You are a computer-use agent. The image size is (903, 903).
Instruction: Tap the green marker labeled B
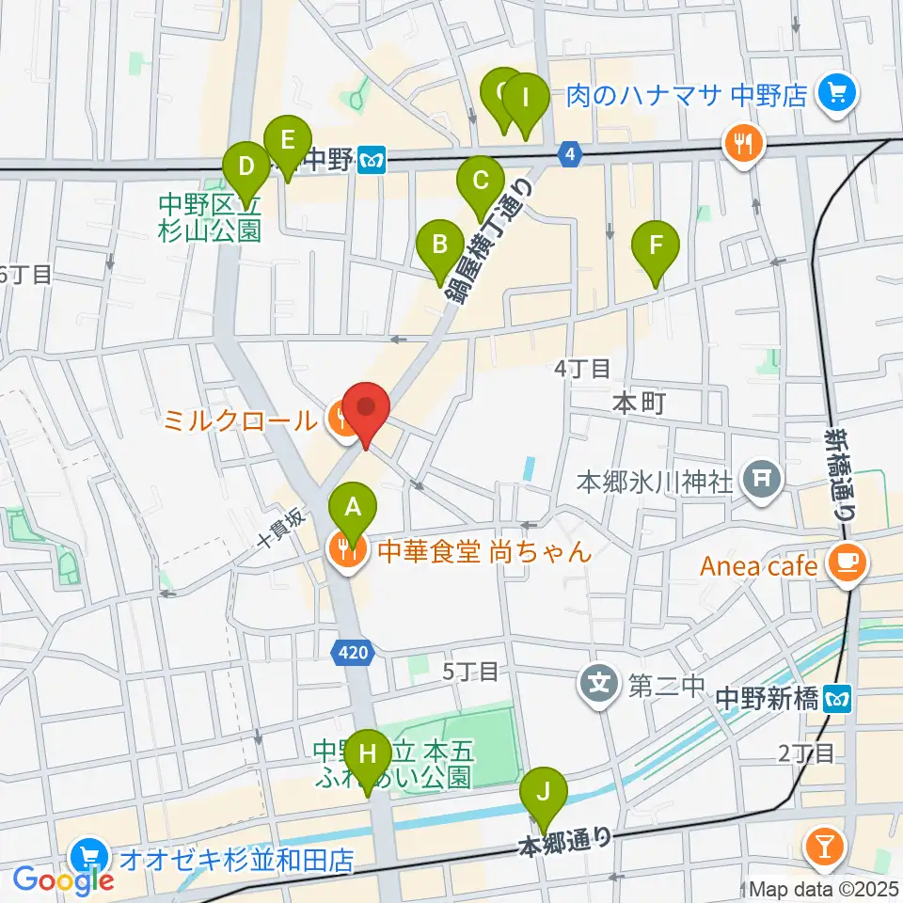[439, 246]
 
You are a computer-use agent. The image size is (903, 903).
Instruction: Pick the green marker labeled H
[367, 754]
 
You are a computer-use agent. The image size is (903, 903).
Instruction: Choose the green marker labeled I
[526, 97]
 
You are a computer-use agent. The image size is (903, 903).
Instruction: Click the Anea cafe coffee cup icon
[847, 565]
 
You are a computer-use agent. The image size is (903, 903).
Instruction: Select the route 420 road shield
[357, 650]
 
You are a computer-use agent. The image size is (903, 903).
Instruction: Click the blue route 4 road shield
[569, 152]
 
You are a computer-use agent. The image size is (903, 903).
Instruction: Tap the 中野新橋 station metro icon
[835, 699]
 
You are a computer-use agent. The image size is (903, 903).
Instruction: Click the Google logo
[63, 879]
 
